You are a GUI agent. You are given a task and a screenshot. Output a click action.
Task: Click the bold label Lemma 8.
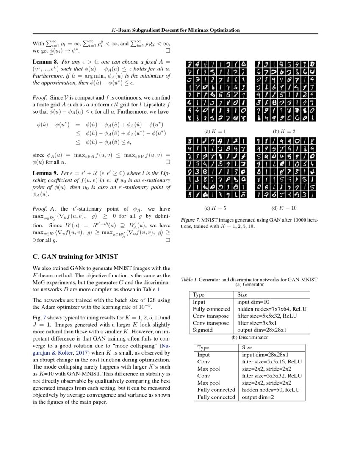pyautogui.click(x=45, y=61)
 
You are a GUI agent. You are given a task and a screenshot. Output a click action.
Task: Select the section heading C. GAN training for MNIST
pyautogui.click(x=75, y=256)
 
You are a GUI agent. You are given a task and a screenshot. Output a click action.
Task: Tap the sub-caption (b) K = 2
pyautogui.click(x=284, y=131)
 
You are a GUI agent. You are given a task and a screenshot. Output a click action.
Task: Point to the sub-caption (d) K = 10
pyautogui.click(x=284, y=208)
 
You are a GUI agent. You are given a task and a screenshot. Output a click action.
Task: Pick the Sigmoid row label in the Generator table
pyautogui.click(x=202, y=330)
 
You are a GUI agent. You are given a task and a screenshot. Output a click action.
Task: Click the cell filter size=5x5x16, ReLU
pyautogui.click(x=271, y=362)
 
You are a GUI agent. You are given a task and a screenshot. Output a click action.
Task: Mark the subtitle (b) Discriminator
pyautogui.click(x=249, y=337)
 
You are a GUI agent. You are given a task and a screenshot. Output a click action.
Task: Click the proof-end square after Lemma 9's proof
pyautogui.click(x=168, y=240)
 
